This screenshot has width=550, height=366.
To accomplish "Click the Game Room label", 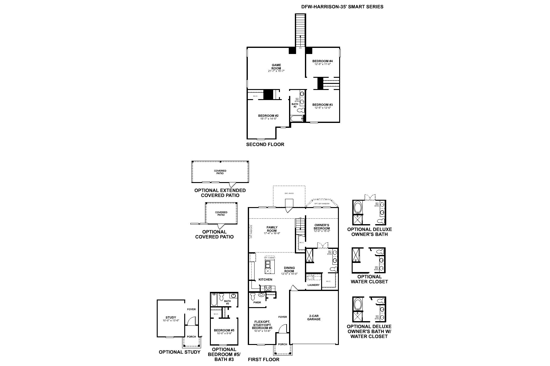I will (276, 66).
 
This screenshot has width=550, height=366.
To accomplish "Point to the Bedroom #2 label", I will (268, 116).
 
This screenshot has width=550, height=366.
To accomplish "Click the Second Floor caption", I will (265, 144).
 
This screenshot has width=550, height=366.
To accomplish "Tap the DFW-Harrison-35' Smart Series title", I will (342, 6).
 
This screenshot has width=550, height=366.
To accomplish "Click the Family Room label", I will (272, 229).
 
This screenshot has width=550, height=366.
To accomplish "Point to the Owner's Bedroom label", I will (322, 227).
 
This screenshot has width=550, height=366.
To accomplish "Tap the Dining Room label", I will (289, 269).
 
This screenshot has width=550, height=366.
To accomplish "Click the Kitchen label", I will (265, 279).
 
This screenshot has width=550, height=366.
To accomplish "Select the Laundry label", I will (313, 285).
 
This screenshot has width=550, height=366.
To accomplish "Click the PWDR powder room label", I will (257, 303).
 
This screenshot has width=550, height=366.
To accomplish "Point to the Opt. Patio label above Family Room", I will (289, 193).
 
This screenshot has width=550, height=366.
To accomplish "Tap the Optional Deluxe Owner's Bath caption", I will (369, 232).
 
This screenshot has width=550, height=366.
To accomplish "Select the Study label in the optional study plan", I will (171, 318).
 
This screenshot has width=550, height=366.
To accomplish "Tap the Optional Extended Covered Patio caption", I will (220, 193).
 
